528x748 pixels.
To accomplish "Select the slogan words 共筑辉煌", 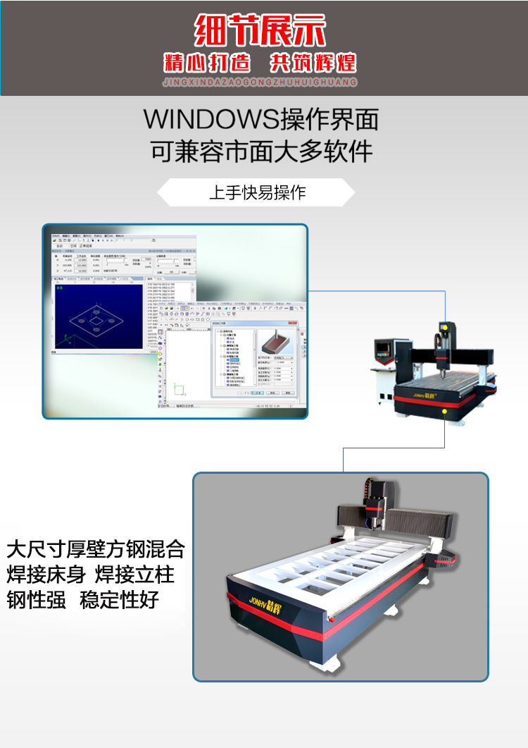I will tap(313, 63).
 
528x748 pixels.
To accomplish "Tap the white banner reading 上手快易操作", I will tap(257, 192).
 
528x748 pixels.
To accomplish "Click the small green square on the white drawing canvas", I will tap(180, 389).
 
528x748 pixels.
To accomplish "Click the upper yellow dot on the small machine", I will tap(444, 327).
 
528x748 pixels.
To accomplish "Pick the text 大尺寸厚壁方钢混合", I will tap(96, 548).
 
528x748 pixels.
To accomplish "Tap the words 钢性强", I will tap(36, 600).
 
